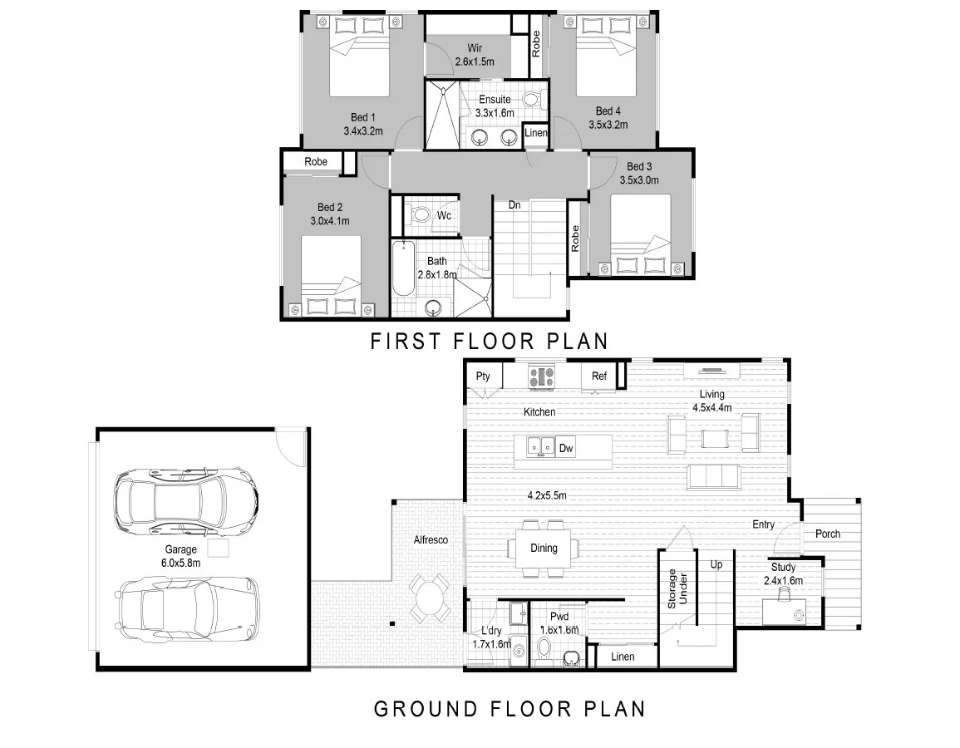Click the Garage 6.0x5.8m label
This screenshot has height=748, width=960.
point(180,556)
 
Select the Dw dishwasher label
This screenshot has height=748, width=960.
point(566,448)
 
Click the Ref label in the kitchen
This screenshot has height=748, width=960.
point(598,376)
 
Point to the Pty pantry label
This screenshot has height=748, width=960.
point(483,376)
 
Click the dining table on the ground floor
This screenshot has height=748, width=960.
point(544,549)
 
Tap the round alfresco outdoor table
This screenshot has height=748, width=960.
point(429,598)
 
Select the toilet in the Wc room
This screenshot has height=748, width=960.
point(420,215)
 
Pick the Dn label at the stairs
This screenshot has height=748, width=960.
point(514,205)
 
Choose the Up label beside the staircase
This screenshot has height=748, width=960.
point(716,564)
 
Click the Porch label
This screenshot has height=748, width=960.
point(828,534)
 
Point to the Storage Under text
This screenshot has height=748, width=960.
point(677,588)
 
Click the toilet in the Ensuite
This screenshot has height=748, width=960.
point(532,99)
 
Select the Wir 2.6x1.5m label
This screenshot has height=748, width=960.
point(475,55)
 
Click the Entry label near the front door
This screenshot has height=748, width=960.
point(764,524)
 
